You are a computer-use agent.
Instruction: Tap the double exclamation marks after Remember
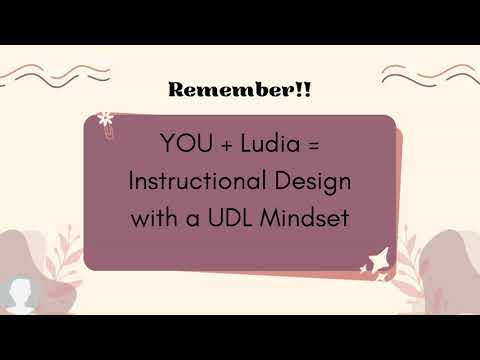click(x=302, y=90)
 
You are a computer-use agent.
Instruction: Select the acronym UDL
click(x=231, y=217)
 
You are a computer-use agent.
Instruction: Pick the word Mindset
click(x=305, y=217)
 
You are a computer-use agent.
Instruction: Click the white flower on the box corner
click(x=106, y=118)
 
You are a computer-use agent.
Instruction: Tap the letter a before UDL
click(x=194, y=218)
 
